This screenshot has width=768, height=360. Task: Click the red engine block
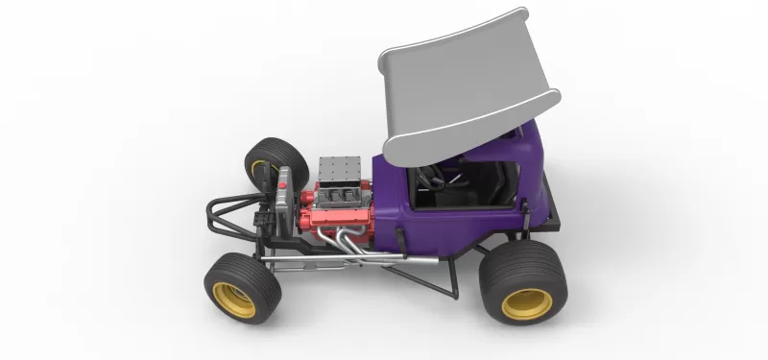click(x=326, y=216)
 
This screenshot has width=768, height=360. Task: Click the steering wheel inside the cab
click(x=431, y=178)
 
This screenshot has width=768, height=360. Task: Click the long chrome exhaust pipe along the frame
click(x=317, y=261)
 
